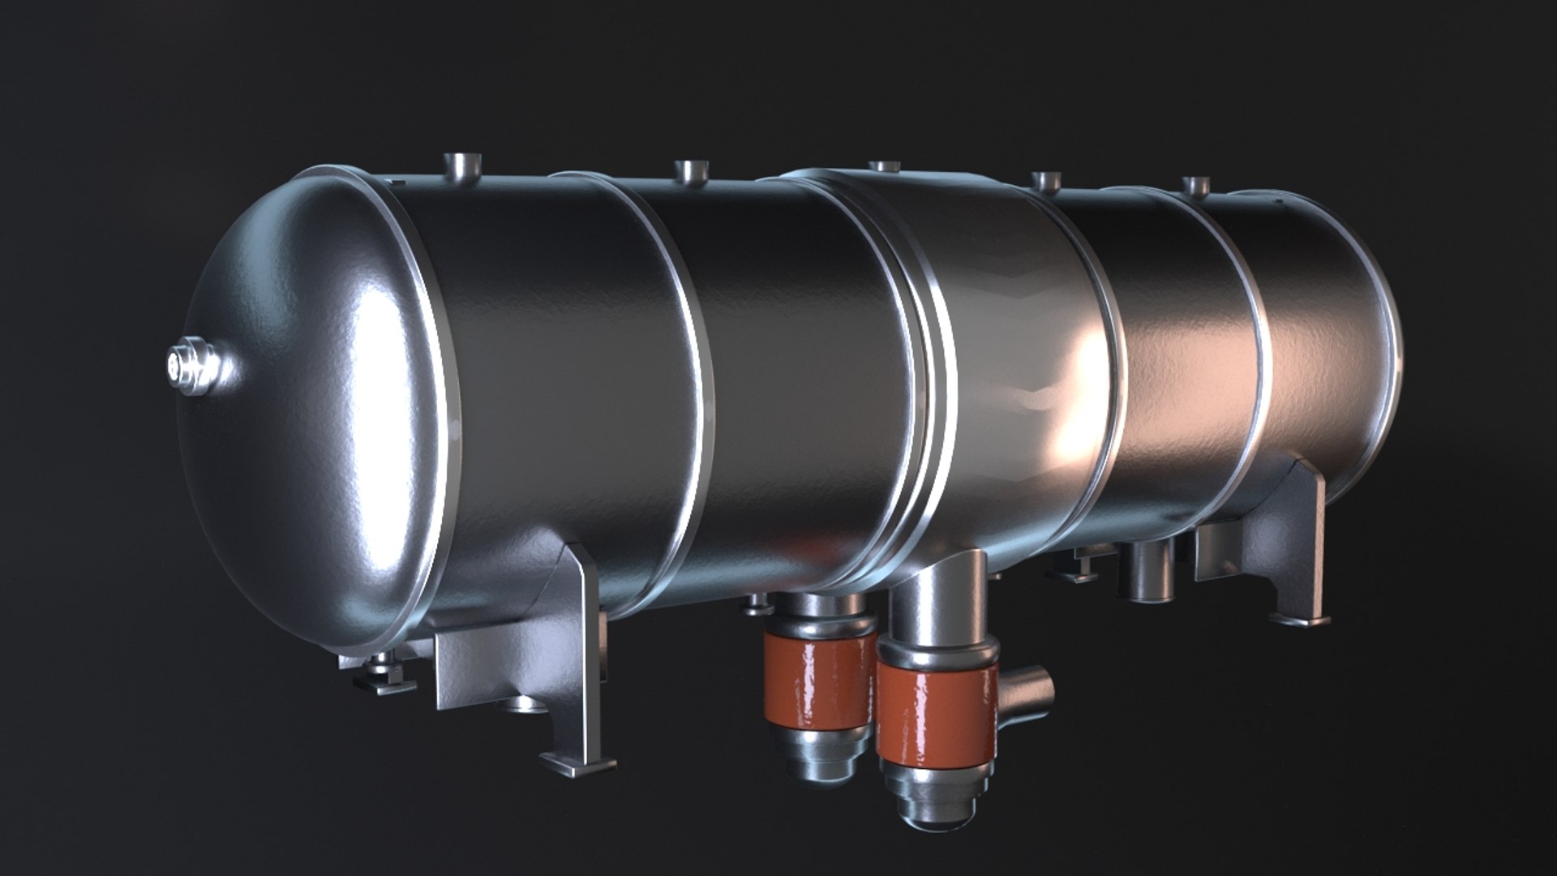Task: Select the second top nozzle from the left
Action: click(x=691, y=172)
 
